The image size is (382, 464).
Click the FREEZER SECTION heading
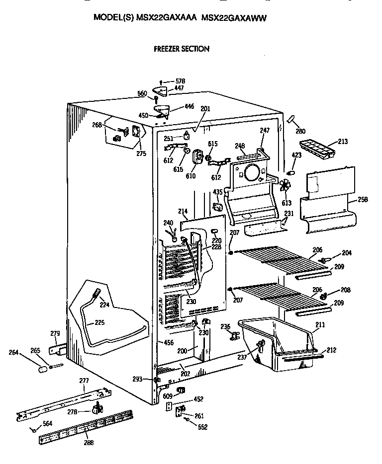[181, 49]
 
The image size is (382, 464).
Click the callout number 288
[88, 443]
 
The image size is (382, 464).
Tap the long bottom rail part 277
[65, 402]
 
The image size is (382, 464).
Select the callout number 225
[99, 323]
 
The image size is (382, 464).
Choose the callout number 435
[217, 192]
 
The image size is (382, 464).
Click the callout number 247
[264, 130]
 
